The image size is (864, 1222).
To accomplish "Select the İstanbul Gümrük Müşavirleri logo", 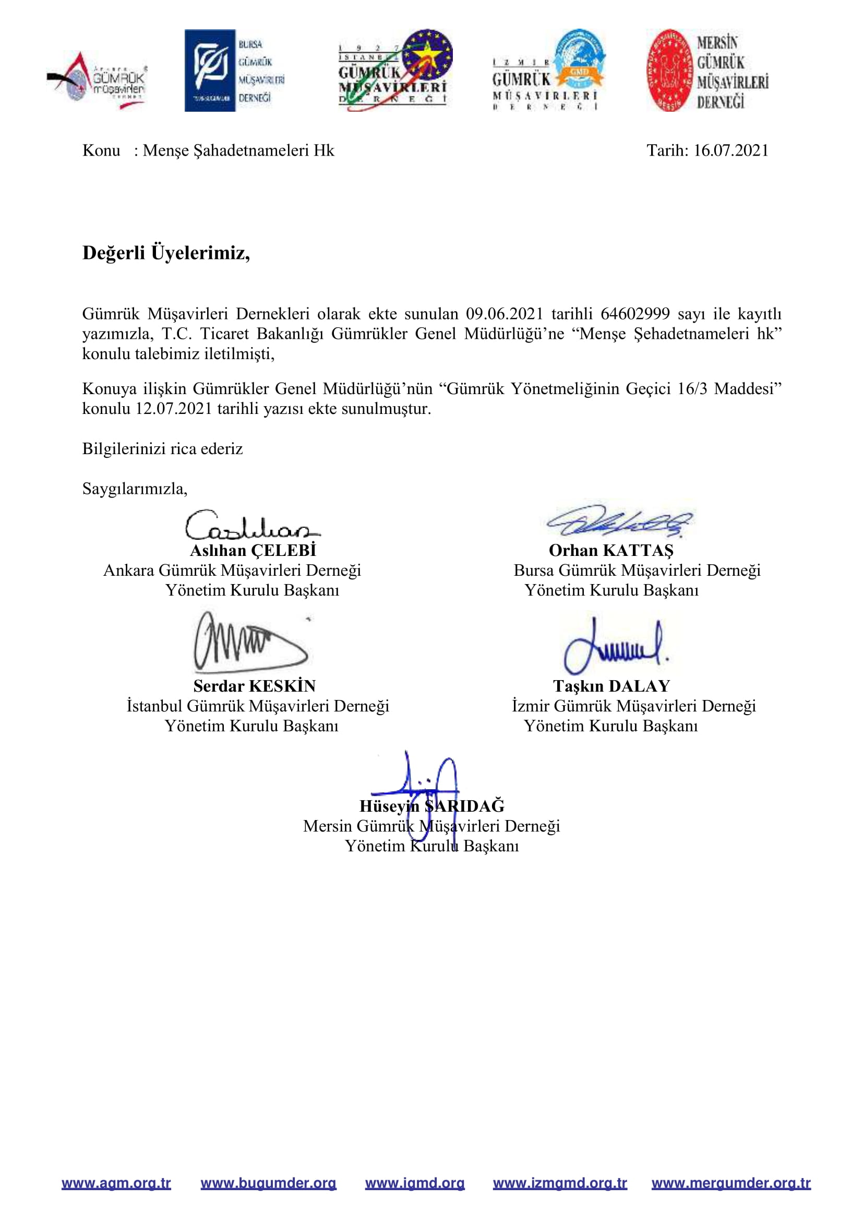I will (395, 70).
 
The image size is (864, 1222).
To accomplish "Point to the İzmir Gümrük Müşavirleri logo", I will (548, 70).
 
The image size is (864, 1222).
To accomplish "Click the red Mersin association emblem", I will (670, 70).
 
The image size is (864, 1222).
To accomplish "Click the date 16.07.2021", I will (730, 151).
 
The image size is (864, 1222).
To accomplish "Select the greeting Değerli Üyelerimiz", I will (166, 252).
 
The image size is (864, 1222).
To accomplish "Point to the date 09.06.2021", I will (505, 314).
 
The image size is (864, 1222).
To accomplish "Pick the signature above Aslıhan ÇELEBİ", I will (251, 525).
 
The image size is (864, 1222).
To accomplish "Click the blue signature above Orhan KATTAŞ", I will (619, 521).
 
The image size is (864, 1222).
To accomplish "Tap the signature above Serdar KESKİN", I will (250, 642).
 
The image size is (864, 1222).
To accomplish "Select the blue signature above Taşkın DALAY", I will (615, 646).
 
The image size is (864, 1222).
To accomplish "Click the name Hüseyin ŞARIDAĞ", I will (431, 806).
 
